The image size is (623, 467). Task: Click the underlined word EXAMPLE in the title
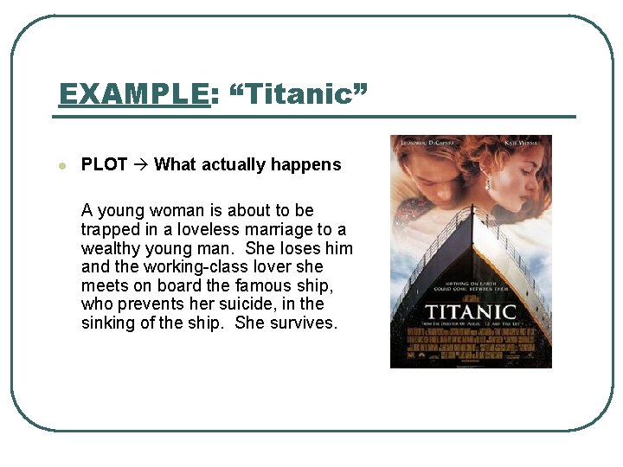(x=133, y=93)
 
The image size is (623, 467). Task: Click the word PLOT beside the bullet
(x=104, y=164)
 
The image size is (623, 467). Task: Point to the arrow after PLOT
(x=141, y=164)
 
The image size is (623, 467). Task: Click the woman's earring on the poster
(x=487, y=183)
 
